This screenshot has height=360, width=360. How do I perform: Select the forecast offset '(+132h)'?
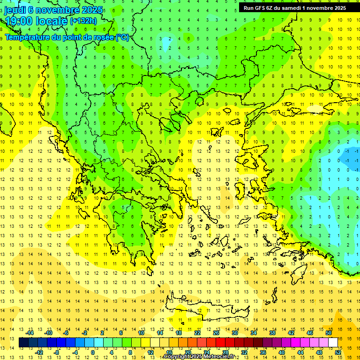(83, 21)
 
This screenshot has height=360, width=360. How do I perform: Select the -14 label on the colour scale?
(30, 333)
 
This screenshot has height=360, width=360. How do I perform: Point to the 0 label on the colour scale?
(93, 352)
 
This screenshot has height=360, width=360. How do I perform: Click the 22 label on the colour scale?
(197, 333)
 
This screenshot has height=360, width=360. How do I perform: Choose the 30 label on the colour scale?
(235, 333)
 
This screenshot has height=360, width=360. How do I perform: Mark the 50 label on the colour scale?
(329, 333)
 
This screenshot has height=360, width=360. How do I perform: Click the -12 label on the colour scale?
(39, 352)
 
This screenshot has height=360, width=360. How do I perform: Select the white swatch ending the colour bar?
(333, 343)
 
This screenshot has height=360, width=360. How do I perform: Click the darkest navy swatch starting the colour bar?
(23, 343)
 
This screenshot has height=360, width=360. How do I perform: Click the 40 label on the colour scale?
(282, 352)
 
